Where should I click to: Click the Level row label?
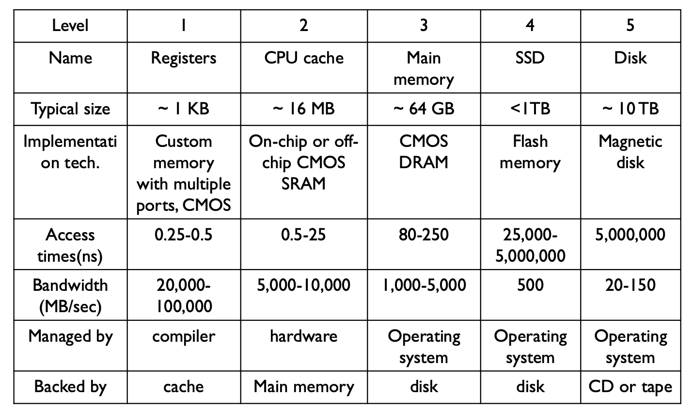tap(70, 25)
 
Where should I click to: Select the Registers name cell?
tap(184, 58)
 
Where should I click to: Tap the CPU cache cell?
tap(304, 58)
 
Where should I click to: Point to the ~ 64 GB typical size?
tap(424, 109)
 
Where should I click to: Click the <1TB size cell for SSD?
tap(530, 109)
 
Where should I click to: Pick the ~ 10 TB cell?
tap(630, 109)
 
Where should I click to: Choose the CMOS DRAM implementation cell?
tap(424, 152)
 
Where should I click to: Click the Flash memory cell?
tap(530, 152)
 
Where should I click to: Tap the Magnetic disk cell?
tap(630, 152)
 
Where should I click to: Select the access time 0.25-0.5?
tap(184, 235)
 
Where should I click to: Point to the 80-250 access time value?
tap(424, 235)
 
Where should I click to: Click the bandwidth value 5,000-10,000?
tap(304, 285)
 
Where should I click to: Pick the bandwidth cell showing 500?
tap(530, 285)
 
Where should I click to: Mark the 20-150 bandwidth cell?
tap(630, 285)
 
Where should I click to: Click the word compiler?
tap(184, 336)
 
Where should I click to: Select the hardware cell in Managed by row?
tap(304, 336)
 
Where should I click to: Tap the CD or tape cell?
tap(630, 387)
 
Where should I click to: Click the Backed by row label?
tap(70, 387)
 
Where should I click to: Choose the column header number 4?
tap(530, 25)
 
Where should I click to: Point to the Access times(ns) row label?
tap(70, 245)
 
